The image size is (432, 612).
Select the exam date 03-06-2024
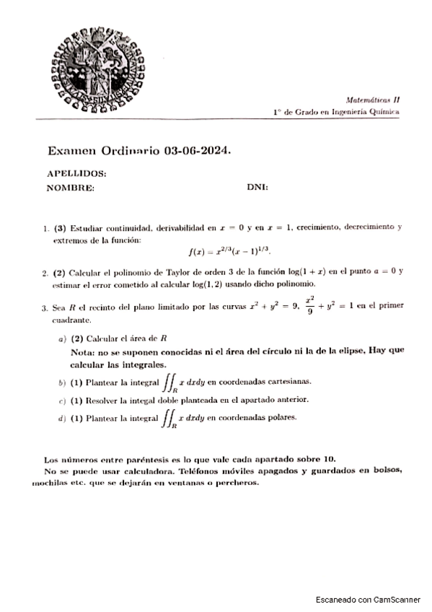197,151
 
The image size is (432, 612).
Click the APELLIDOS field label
76,174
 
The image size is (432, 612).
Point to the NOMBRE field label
70,188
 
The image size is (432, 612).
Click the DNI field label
257,188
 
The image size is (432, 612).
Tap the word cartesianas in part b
288,380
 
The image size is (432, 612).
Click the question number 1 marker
46,227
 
